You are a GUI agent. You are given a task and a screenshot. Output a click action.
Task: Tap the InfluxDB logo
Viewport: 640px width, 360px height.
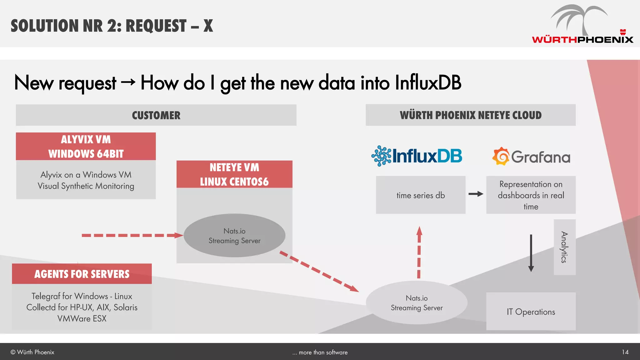pyautogui.click(x=417, y=156)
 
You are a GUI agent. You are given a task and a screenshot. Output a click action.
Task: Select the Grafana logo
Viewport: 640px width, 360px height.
pyautogui.click(x=531, y=156)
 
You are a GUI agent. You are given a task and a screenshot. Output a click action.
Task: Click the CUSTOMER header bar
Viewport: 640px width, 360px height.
pyautogui.click(x=156, y=115)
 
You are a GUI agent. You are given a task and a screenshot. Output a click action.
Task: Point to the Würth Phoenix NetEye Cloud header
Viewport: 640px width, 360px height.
pyautogui.click(x=470, y=115)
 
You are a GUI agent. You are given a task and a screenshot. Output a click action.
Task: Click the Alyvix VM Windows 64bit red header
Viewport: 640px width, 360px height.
pyautogui.click(x=86, y=146)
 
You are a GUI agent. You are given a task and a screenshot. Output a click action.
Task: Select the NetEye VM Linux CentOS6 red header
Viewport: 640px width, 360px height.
pyautogui.click(x=234, y=174)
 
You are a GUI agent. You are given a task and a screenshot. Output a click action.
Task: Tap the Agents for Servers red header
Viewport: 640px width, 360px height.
pyautogui.click(x=82, y=274)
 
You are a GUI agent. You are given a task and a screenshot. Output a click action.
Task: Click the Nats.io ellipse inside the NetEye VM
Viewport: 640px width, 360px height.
pyautogui.click(x=234, y=236)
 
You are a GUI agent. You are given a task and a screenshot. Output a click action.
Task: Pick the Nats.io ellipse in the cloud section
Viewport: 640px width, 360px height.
pyautogui.click(x=417, y=302)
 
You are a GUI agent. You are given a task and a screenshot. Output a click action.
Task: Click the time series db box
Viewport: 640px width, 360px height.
pyautogui.click(x=421, y=195)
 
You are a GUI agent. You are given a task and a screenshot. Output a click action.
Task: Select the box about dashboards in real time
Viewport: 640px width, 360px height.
pyautogui.click(x=531, y=195)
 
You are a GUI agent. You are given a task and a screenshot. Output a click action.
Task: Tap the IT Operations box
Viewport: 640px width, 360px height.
pyautogui.click(x=531, y=312)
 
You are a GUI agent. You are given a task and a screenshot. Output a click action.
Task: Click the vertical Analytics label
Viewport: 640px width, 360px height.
pyautogui.click(x=564, y=247)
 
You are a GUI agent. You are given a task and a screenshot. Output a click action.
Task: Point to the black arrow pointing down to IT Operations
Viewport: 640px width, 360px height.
pyautogui.click(x=531, y=253)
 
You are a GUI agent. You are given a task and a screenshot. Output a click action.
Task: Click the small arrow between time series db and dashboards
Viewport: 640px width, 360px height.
pyautogui.click(x=476, y=194)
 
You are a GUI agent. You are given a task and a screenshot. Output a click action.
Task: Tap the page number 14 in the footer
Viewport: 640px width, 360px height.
pyautogui.click(x=625, y=352)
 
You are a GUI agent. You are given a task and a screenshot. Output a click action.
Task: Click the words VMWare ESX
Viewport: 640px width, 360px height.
pyautogui.click(x=82, y=318)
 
